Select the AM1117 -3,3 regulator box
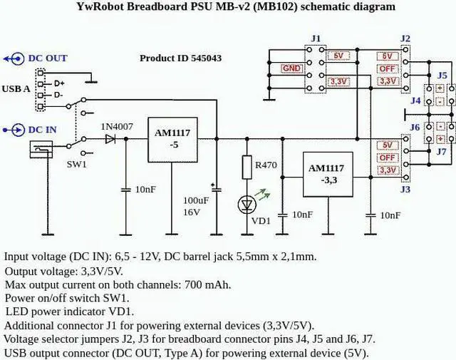[326, 175]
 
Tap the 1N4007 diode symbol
[110, 140]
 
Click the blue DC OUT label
[47, 58]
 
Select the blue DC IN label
[42, 130]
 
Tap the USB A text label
[16, 89]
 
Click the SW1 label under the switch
[76, 164]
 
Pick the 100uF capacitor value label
[196, 200]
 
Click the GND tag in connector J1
[291, 68]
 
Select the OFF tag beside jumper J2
[388, 68]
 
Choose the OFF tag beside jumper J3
[388, 158]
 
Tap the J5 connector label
[442, 75]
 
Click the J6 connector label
[415, 127]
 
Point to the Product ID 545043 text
[190, 58]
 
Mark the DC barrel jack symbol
[41, 149]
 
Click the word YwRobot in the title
[100, 6]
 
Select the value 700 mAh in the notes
[207, 284]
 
